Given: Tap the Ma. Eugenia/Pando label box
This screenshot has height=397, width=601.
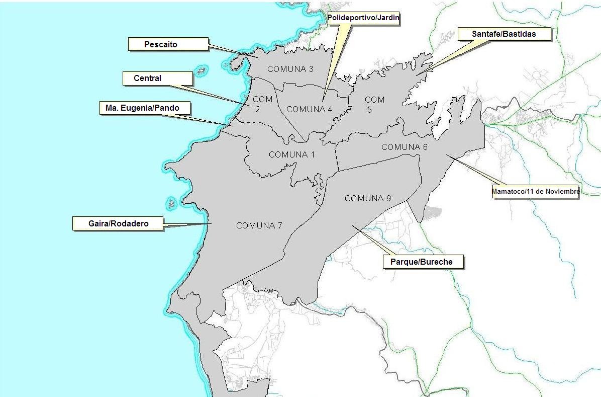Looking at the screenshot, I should (x=139, y=108).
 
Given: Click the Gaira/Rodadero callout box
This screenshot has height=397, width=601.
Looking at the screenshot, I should (x=118, y=223).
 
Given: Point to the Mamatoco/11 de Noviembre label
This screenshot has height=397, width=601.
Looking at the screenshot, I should (x=536, y=191).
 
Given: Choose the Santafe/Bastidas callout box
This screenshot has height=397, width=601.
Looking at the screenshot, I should (x=504, y=34).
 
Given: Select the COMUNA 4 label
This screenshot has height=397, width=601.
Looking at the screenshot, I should (x=310, y=109).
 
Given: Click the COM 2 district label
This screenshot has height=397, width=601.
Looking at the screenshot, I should (x=262, y=104).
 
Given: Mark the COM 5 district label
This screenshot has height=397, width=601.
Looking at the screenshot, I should (x=374, y=105).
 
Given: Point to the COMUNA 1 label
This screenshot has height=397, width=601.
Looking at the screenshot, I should (x=291, y=154).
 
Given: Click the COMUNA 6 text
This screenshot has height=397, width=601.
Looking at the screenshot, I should (x=405, y=147).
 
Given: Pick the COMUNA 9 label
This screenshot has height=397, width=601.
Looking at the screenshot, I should (x=368, y=198).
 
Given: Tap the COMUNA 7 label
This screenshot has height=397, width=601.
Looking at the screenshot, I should (x=259, y=225).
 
